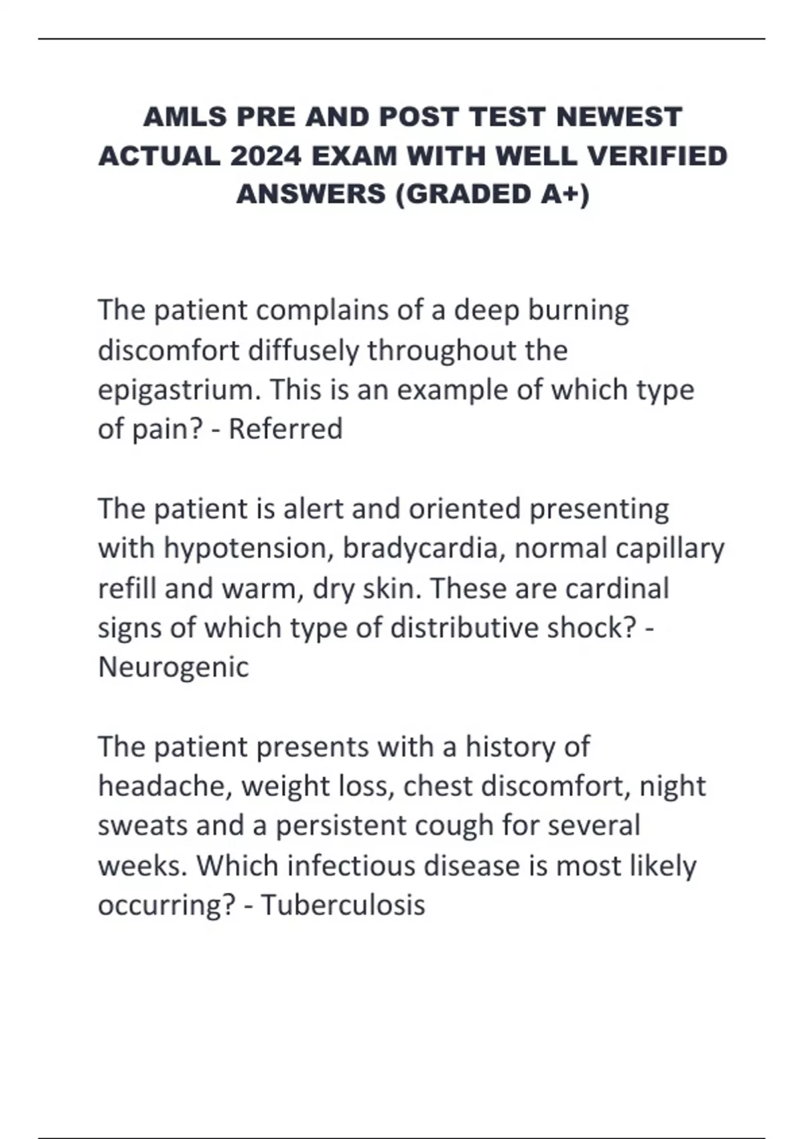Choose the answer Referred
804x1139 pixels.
click(x=285, y=429)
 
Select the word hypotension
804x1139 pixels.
click(x=249, y=549)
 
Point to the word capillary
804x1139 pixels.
click(x=669, y=549)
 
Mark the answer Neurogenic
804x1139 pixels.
click(x=174, y=667)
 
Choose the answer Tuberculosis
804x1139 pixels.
click(x=343, y=905)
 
